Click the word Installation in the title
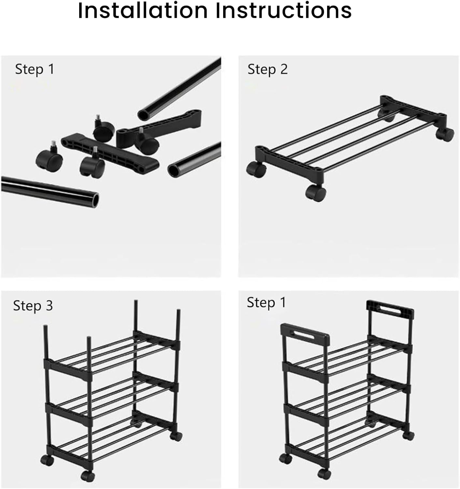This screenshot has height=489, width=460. pos(143,10)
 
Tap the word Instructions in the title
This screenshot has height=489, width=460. pos(283,10)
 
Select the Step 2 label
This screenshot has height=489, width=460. pos(267,69)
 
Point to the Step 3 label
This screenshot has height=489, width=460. pos(33,306)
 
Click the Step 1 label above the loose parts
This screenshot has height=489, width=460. pos(35,69)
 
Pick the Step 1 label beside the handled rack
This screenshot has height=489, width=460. pos(266,303)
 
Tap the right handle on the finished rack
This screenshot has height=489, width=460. pos(390,309)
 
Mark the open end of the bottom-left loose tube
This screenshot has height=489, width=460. pos(95,199)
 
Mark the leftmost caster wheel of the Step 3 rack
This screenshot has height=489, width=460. pos(47,460)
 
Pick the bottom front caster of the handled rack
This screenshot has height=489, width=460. pos(324,474)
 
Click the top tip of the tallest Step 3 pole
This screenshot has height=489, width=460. pos(136,301)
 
